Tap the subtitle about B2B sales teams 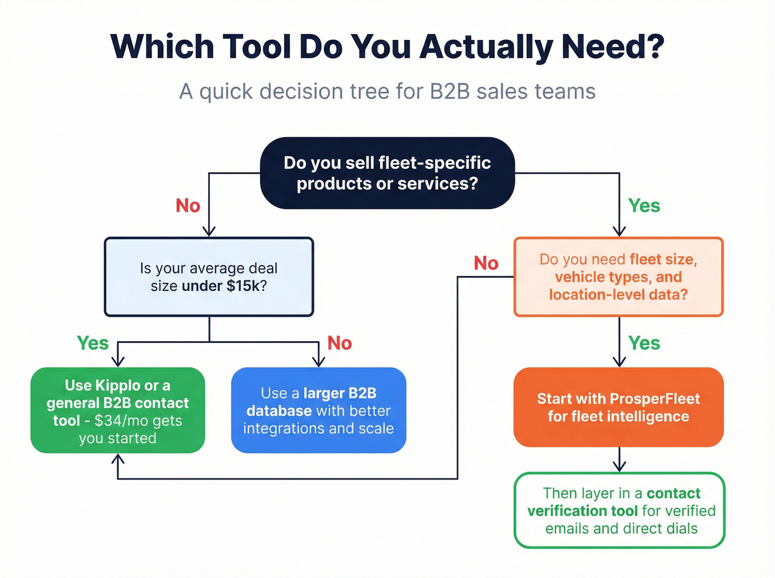(x=387, y=91)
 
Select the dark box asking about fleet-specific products (x=387, y=173)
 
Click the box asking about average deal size (x=209, y=277)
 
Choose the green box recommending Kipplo (x=117, y=410)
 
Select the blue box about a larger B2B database (x=318, y=410)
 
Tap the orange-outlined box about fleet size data (x=618, y=277)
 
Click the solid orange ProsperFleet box (x=618, y=407)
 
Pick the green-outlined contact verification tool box (x=619, y=510)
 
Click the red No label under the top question (x=188, y=206)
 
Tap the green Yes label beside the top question (x=644, y=206)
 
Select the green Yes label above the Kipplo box (x=92, y=343)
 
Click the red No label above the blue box (x=339, y=343)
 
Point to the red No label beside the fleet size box (x=486, y=263)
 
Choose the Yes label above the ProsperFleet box (x=644, y=343)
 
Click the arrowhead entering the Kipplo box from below (x=117, y=459)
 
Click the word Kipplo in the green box (x=117, y=386)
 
